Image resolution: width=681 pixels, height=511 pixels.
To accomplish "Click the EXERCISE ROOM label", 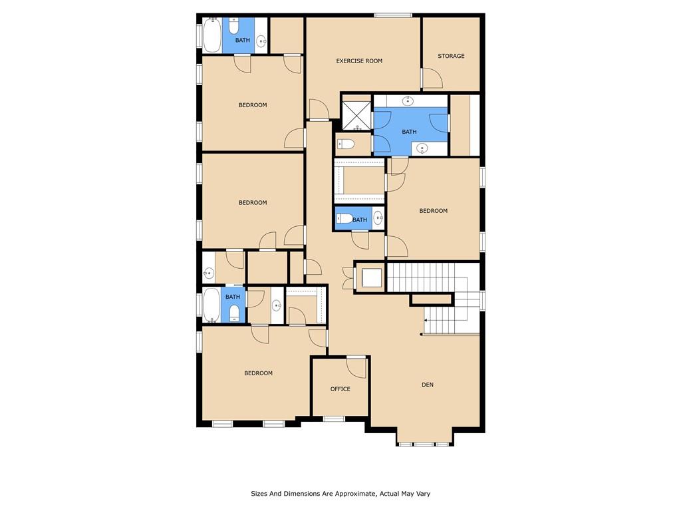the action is click(359, 61).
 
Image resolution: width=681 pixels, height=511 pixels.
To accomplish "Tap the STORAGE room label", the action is click(451, 56).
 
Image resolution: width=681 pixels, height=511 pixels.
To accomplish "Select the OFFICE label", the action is click(340, 389).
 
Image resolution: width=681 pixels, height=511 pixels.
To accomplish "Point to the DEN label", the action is click(428, 385).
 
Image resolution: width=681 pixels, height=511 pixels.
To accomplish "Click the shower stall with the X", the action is click(357, 116).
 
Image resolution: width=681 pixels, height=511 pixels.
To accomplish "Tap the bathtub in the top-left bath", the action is click(212, 35).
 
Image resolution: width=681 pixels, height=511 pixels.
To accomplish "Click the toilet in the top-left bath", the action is click(233, 26).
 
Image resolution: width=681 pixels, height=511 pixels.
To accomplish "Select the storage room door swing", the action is click(433, 79).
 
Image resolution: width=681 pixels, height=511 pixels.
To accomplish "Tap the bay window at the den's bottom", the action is click(424, 444).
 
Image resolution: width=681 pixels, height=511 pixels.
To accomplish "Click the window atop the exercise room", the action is click(393, 16).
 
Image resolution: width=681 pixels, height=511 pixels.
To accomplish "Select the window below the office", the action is click(334, 419).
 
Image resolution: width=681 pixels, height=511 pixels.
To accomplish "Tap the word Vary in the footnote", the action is click(423, 494).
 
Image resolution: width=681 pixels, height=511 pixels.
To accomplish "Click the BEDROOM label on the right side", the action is click(433, 211).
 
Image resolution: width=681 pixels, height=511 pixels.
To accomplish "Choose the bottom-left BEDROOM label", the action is click(259, 373).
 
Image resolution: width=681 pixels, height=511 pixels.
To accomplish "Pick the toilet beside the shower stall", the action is click(346, 144).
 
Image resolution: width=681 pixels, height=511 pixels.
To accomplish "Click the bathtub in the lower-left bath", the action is click(212, 305).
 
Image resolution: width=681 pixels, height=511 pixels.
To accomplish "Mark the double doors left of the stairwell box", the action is click(348, 278).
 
